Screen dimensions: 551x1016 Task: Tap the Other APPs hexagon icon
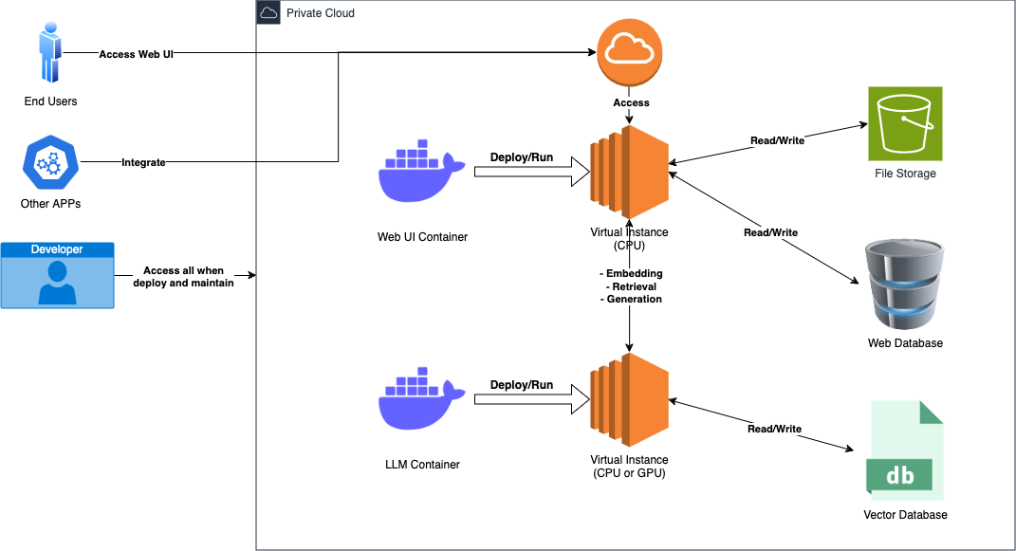pos(48,163)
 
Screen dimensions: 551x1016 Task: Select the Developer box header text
pos(57,249)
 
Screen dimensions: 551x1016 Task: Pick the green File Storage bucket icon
pos(904,123)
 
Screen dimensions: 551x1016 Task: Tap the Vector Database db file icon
pos(904,450)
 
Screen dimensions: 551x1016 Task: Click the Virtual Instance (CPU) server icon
pos(629,168)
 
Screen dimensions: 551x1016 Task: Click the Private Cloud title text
pos(321,13)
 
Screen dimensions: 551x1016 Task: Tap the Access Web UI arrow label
pos(136,54)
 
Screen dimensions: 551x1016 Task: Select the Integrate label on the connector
pos(143,163)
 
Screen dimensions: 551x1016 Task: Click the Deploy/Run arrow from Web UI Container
pos(525,171)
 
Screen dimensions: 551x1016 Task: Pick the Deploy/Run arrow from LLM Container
pos(525,399)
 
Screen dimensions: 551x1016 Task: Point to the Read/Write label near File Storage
pos(777,140)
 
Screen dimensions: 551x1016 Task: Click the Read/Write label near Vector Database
pos(774,429)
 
